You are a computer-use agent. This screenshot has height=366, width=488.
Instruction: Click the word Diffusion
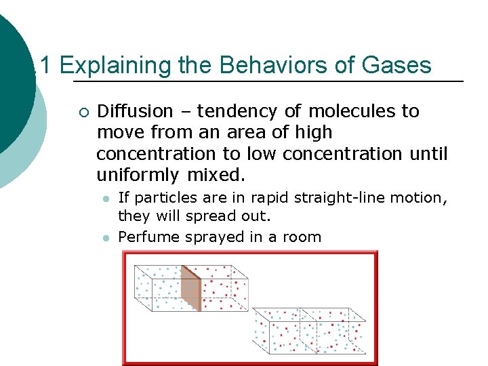(x=136, y=111)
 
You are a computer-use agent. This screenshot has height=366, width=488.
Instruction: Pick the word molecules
(x=350, y=111)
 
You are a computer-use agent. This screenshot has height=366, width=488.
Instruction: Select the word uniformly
(x=138, y=176)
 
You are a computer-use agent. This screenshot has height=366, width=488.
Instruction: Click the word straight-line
(x=356, y=198)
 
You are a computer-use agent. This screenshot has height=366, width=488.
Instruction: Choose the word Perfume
(x=146, y=237)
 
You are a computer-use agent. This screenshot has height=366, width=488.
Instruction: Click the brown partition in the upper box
(x=190, y=287)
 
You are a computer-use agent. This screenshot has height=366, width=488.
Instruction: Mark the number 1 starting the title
(x=46, y=66)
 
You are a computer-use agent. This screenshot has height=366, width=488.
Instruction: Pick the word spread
(x=205, y=217)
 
